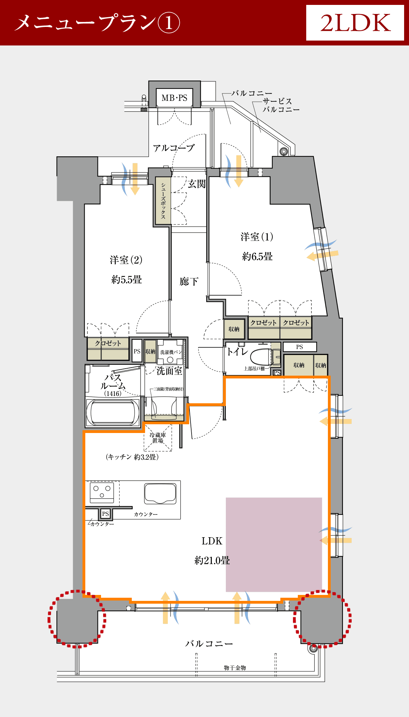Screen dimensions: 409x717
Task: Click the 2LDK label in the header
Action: pos(355,23)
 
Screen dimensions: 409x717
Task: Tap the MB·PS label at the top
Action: pos(174,98)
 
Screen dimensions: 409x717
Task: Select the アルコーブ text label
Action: pos(173,148)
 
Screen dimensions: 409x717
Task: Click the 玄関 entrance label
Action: pos(197,184)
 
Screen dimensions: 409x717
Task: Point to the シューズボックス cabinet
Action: pos(163,200)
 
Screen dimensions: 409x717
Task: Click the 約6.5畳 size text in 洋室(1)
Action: pos(257,256)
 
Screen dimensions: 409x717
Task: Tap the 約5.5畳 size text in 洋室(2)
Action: pos(127,279)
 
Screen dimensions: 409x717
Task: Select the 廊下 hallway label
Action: pos(189,281)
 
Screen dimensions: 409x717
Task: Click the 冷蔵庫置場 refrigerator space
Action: pos(158,438)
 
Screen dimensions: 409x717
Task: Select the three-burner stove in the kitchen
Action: pos(102,492)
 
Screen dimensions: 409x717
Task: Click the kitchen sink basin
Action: pos(160,493)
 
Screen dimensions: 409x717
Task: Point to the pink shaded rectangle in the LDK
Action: pos(274,545)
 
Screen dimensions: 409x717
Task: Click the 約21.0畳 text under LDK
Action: pos(212,560)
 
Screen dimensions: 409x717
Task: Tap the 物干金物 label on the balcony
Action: pos(235,668)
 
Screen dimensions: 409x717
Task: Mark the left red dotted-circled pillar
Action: pos(77,619)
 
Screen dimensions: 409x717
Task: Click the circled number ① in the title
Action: pos(169,23)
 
